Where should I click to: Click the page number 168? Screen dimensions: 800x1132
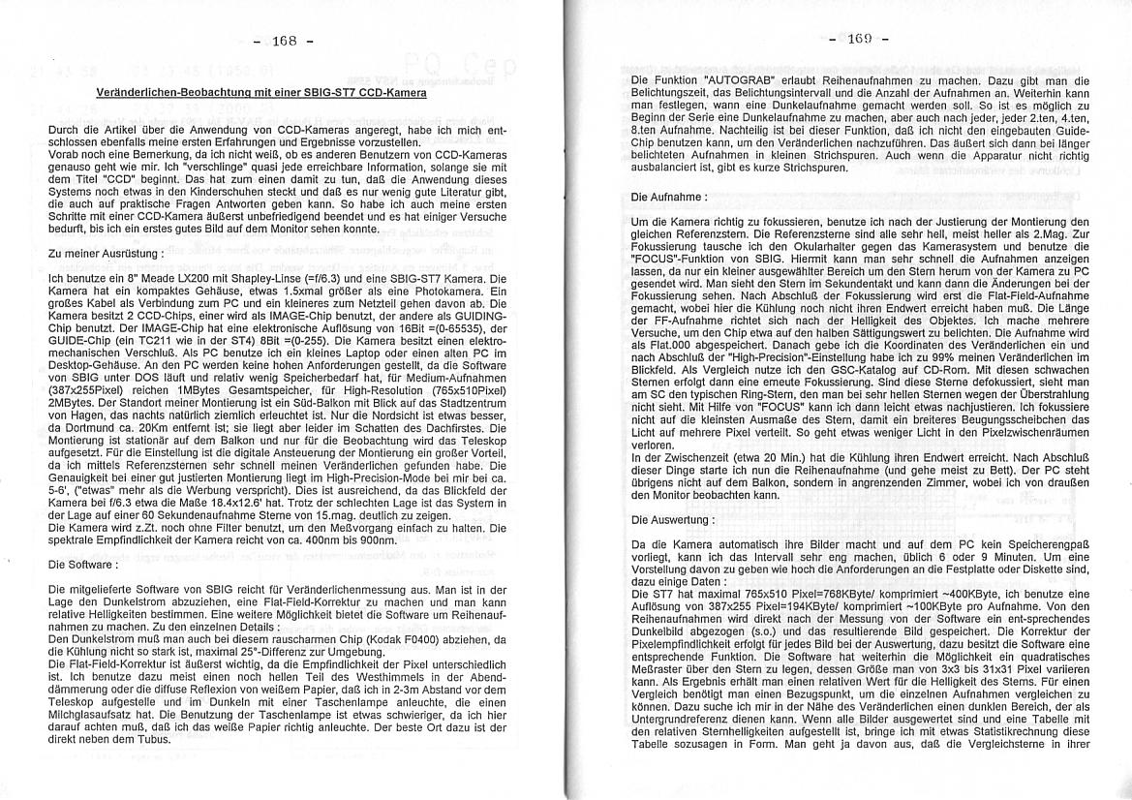pyautogui.click(x=284, y=41)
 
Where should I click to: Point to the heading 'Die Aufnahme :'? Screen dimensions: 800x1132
pyautogui.click(x=669, y=197)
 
